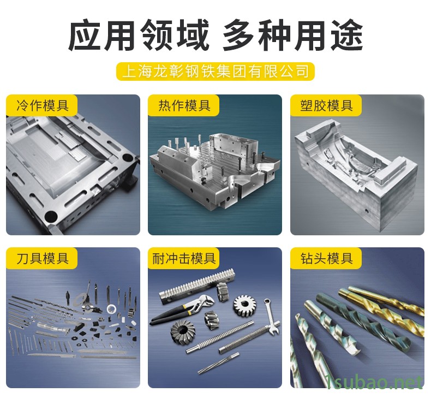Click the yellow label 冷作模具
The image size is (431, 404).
click(x=41, y=105)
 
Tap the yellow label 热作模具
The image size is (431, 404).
click(x=184, y=105)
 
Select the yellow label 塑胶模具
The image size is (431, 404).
click(x=326, y=105)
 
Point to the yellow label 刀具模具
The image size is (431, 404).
click(x=41, y=258)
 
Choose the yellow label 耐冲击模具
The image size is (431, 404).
click(x=184, y=258)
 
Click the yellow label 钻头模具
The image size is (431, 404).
click(x=326, y=258)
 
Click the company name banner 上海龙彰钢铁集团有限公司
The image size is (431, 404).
click(x=215, y=72)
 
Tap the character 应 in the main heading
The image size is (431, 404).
click(x=85, y=34)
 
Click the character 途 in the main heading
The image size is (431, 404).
click(x=346, y=34)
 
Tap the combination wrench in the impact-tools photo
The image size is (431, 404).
click(x=272, y=317)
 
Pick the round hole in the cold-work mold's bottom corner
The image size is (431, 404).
click(x=51, y=217)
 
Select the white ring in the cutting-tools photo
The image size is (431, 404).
click(x=112, y=309)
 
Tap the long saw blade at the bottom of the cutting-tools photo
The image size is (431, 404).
click(x=52, y=355)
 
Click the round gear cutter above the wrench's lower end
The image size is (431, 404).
click(x=244, y=305)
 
